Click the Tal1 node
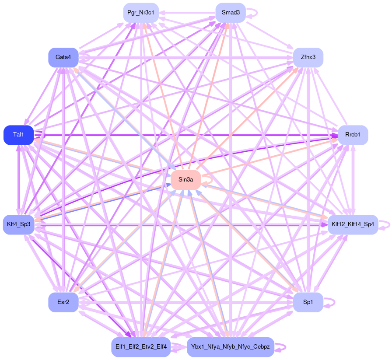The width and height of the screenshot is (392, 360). click(18, 135)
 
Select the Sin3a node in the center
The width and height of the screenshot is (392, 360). click(185, 180)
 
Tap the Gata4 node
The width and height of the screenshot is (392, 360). click(63, 57)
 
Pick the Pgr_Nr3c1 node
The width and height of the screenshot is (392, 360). click(140, 12)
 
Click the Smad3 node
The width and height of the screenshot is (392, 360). click(231, 12)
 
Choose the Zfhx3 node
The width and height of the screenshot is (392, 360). click(308, 57)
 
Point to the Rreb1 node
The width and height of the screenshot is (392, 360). click(353, 135)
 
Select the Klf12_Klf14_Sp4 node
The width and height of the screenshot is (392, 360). click(353, 224)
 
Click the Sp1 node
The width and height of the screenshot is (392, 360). click(308, 302)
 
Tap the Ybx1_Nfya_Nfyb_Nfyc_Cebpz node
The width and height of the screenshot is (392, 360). click(230, 347)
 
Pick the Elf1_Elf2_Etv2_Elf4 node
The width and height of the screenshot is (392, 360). click(140, 347)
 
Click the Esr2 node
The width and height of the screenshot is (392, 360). click(63, 302)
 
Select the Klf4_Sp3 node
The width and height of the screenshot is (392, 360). click(18, 224)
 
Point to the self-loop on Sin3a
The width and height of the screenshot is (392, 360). click(212, 180)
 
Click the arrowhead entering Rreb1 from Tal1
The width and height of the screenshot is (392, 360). click(335, 136)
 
